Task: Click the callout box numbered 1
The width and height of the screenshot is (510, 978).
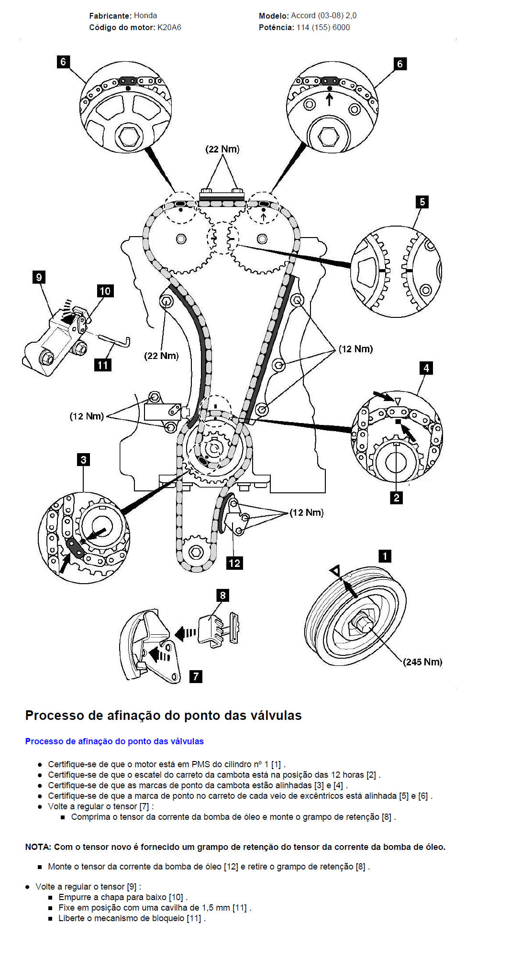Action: (385, 556)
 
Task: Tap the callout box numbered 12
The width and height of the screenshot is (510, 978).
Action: (234, 563)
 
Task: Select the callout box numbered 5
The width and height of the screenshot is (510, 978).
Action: (422, 202)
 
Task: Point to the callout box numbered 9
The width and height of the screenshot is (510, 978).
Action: (39, 277)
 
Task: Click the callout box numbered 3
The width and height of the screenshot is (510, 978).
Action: (84, 459)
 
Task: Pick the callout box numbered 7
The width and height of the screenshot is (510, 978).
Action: (196, 676)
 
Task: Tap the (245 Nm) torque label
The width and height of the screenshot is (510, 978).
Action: (422, 662)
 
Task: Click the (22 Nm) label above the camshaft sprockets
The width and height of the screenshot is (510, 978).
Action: (222, 149)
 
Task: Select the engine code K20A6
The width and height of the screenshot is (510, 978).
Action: (169, 27)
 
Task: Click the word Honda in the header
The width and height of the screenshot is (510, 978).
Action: (145, 15)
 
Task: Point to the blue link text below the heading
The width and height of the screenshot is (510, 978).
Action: (114, 741)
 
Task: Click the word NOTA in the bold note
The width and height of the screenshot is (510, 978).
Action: (38, 847)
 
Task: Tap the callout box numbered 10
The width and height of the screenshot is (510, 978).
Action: (105, 291)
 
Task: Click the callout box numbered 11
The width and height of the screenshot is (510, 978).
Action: (103, 365)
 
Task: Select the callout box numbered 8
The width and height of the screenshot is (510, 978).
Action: (222, 595)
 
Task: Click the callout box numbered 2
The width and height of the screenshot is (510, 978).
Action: (396, 498)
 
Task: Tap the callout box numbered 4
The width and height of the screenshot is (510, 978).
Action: (426, 368)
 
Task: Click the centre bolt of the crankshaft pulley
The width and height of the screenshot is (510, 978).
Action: (362, 624)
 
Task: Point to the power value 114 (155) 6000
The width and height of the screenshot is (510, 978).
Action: (323, 27)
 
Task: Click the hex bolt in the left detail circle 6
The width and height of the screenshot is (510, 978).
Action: (128, 136)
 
